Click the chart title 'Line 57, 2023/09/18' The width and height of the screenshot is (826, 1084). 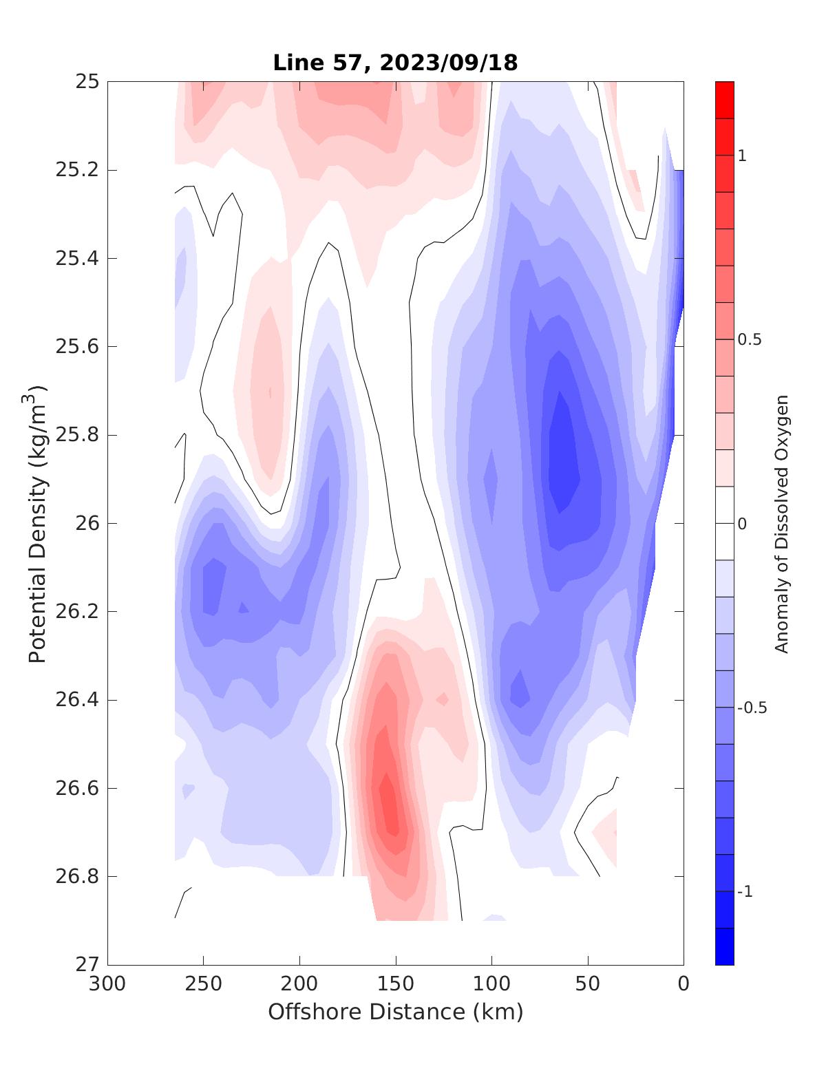tap(395, 63)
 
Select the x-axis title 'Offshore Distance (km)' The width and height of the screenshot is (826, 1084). tap(395, 1012)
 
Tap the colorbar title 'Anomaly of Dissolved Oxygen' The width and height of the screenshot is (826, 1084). tap(781, 523)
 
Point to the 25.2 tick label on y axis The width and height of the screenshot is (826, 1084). tap(76, 170)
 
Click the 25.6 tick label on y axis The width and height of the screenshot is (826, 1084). tap(76, 346)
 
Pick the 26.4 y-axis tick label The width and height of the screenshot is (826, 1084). tap(76, 700)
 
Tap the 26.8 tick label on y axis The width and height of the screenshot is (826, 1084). tap(76, 876)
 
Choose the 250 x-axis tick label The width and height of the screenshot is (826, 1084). tap(204, 984)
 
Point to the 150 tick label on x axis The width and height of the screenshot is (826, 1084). tap(396, 984)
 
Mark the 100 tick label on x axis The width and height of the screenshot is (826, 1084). tap(491, 984)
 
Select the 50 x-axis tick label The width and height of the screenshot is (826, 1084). tap(588, 984)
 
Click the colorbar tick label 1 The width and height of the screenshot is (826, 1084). tap(742, 156)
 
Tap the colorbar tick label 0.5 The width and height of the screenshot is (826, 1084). tap(748, 340)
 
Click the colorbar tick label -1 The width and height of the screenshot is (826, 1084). tap(744, 892)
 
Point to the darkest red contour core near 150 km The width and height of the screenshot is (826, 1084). tap(390, 805)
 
